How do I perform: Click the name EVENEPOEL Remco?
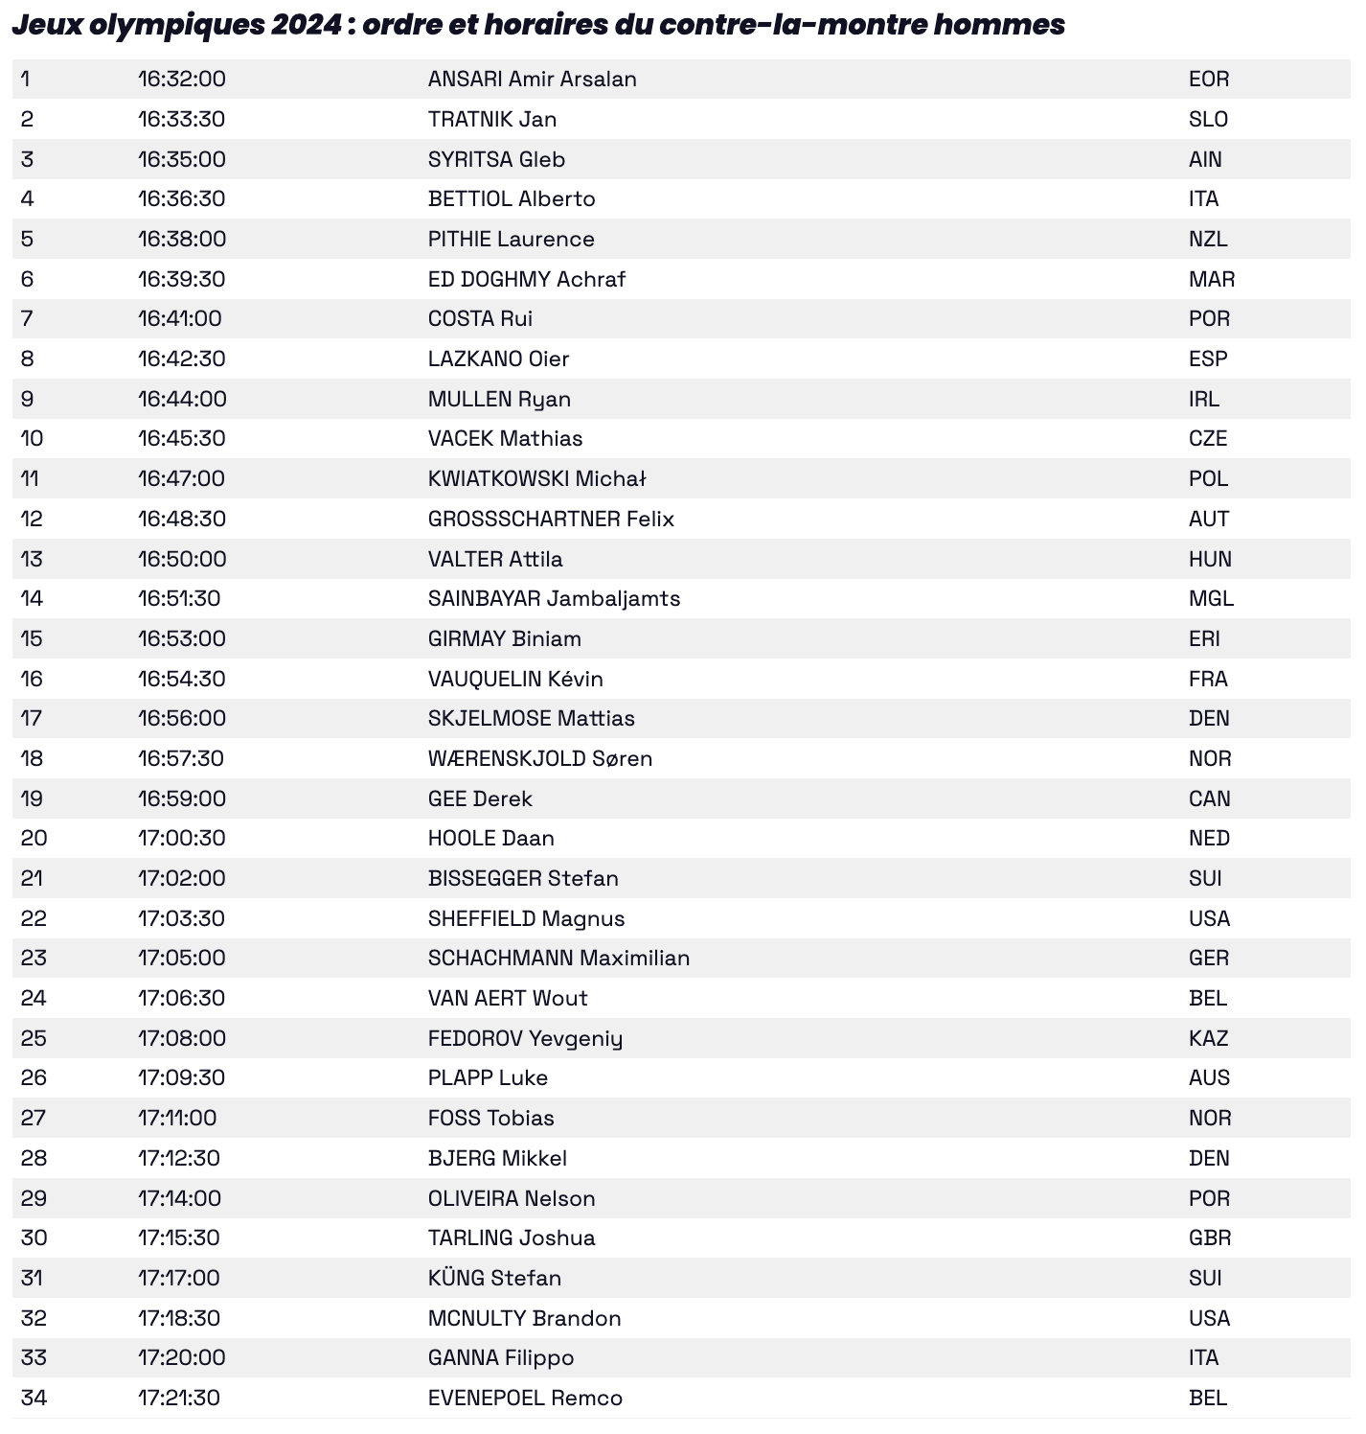[x=525, y=1398]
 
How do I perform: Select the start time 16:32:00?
[x=182, y=79]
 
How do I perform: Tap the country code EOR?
[x=1208, y=79]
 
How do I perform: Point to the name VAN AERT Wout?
[x=508, y=998]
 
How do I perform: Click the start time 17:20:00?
[x=182, y=1357]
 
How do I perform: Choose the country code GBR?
[x=1209, y=1237]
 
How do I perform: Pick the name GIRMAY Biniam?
[x=505, y=638]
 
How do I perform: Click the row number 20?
[x=34, y=838]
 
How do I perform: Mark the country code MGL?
[x=1211, y=598]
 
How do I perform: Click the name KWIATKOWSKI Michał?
[x=537, y=478]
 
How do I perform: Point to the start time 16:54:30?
[x=182, y=679]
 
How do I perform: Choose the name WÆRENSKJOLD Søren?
[x=540, y=758]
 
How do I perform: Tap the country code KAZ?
[x=1208, y=1038]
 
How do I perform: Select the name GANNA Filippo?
[x=501, y=1357]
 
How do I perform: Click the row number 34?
[x=34, y=1398]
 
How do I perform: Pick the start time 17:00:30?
[x=182, y=838]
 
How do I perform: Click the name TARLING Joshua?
[x=512, y=1237]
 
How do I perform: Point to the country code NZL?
[x=1208, y=239]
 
